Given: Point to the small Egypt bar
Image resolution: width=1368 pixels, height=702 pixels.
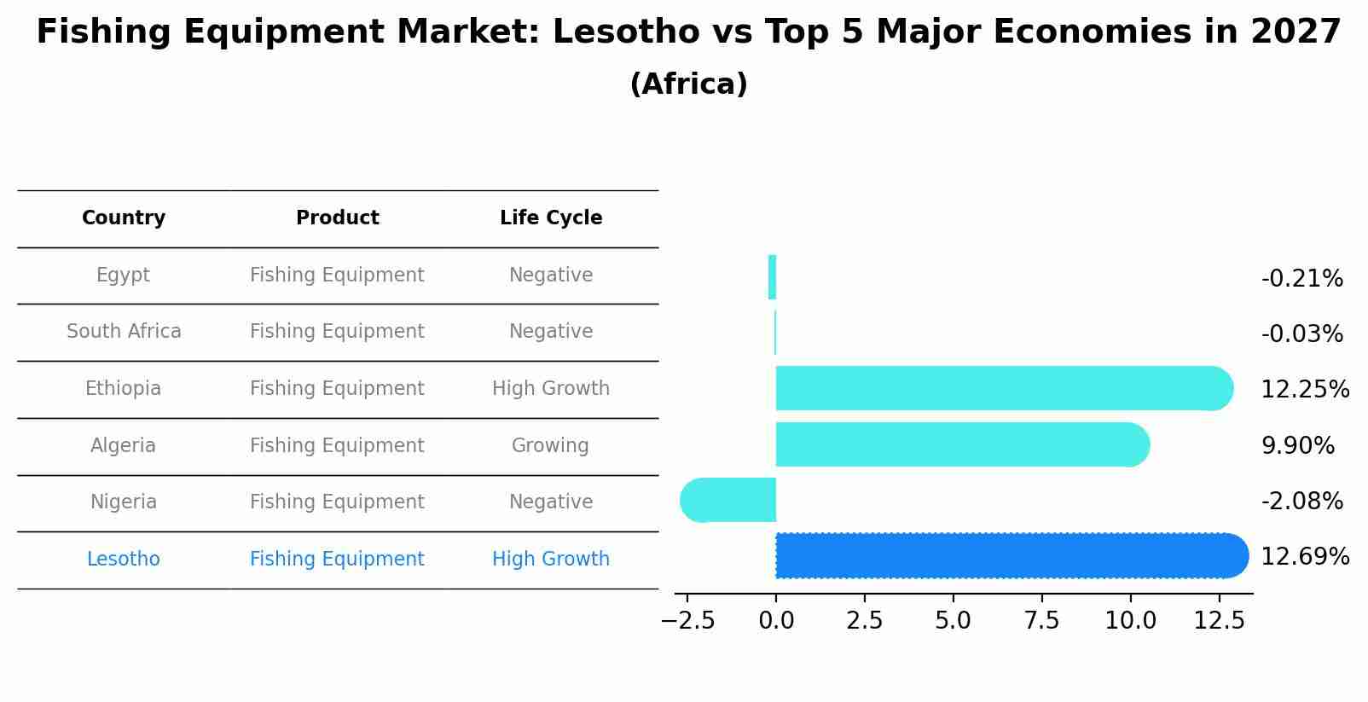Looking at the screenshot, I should (772, 277).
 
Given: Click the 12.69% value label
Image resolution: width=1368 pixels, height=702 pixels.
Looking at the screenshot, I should (1304, 557).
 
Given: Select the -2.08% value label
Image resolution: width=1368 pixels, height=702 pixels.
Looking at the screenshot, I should (1301, 502).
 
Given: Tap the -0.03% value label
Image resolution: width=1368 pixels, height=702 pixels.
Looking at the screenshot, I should (1301, 334).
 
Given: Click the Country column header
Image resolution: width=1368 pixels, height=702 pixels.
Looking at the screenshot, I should (124, 218).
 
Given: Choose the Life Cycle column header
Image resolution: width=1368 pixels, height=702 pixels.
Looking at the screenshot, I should (551, 218).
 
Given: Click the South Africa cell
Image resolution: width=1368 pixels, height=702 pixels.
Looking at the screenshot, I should (124, 332).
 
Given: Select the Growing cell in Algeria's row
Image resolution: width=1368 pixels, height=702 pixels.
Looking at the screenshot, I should (550, 445).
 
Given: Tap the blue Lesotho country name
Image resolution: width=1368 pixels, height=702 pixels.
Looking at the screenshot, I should (124, 560).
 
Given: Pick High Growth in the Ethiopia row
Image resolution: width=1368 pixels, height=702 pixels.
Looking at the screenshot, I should (551, 389).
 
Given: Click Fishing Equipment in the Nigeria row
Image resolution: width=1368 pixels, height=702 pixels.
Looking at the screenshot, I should (337, 502).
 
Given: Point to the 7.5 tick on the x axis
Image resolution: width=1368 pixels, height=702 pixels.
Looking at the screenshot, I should (1041, 621).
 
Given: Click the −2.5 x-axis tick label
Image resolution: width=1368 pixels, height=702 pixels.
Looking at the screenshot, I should (687, 621).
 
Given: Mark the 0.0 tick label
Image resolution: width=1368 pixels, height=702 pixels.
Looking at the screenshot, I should (776, 621).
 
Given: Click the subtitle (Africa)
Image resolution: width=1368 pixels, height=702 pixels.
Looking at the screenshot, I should (688, 84).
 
